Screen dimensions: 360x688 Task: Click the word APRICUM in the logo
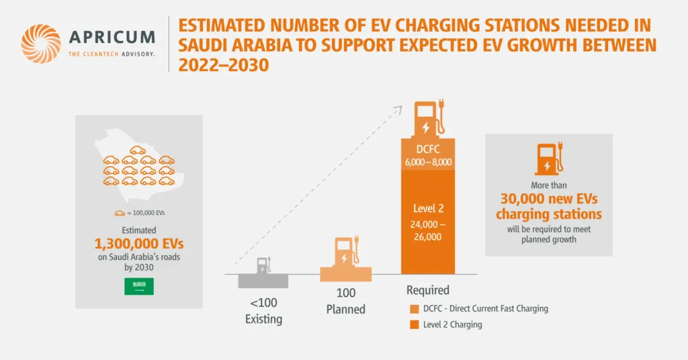click(x=112, y=37)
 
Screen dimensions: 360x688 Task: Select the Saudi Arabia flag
click(x=139, y=287)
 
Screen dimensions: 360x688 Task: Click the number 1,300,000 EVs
click(x=138, y=242)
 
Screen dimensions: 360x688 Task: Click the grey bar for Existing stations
click(x=263, y=281)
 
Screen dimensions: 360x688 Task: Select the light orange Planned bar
click(x=345, y=275)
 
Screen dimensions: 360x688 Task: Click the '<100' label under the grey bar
click(x=263, y=303)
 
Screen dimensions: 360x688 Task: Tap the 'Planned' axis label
click(x=345, y=310)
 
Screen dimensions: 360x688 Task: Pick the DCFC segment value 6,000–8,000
click(x=428, y=163)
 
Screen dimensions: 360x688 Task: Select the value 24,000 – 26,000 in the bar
click(x=428, y=230)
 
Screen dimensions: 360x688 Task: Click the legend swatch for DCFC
click(x=414, y=309)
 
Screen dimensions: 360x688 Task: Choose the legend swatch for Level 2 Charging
click(x=414, y=325)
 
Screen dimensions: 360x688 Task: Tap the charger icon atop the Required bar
click(x=428, y=120)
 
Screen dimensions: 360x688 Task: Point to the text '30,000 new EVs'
click(x=549, y=199)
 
